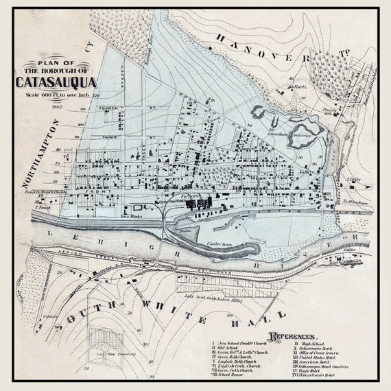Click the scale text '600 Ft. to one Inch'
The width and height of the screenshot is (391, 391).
(x=58, y=94)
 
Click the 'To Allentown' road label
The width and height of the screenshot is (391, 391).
(x=356, y=203)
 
